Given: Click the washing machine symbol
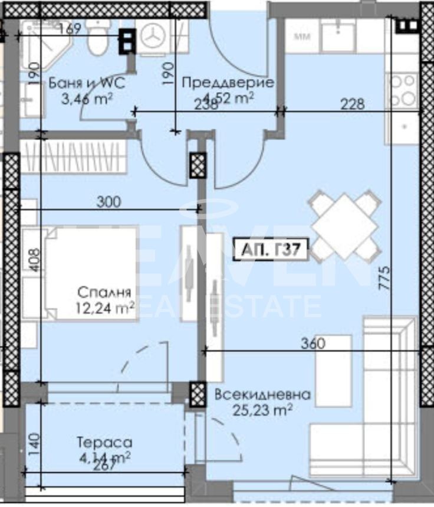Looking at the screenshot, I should (156, 37).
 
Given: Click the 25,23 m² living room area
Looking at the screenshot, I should (262, 410).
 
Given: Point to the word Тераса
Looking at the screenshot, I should (104, 442).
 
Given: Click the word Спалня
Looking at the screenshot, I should (104, 292).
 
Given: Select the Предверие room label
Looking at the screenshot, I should (227, 83).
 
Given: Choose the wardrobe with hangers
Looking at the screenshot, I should (74, 157).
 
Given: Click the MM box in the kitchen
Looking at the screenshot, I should (303, 37).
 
